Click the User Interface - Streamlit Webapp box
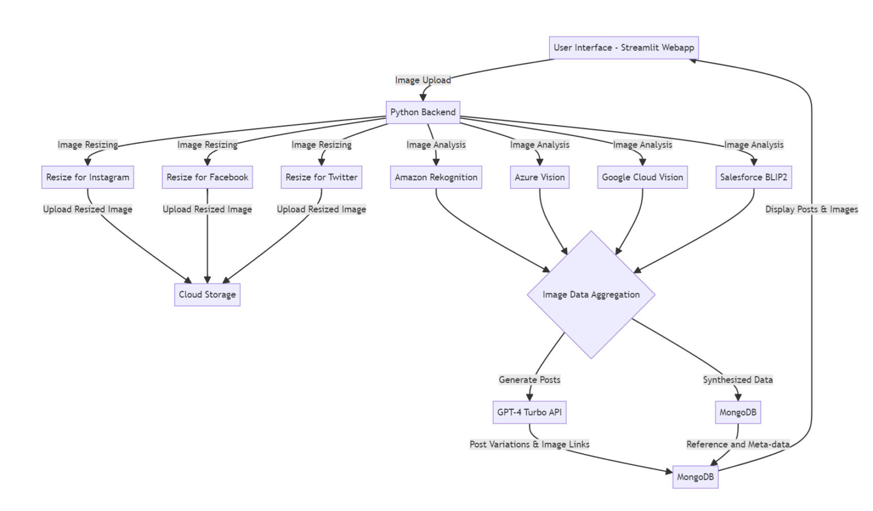tap(623, 48)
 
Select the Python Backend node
tap(423, 113)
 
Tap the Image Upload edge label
tap(423, 80)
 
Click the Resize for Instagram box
tap(88, 177)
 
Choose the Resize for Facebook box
tap(207, 177)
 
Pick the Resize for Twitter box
tap(321, 177)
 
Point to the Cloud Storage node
tap(207, 294)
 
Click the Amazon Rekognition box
tap(436, 177)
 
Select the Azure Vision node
tap(539, 177)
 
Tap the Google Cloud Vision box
tap(642, 177)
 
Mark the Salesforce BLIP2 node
tap(753, 177)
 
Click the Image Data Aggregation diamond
tap(591, 294)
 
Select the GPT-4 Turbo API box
tap(529, 412)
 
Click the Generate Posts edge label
tap(529, 380)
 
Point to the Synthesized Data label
tap(737, 380)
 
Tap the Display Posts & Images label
tap(811, 209)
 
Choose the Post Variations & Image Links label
tap(529, 444)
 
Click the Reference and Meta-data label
tap(737, 444)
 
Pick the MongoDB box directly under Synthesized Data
tap(737, 412)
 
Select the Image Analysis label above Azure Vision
tap(539, 145)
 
